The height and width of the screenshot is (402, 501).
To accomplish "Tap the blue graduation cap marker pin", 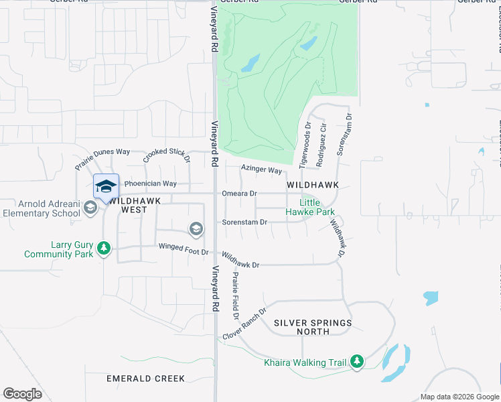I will coord(106,186).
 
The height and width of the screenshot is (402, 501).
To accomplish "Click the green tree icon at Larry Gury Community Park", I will coord(103,249).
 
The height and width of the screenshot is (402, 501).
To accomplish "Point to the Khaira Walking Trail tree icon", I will coord(357,362).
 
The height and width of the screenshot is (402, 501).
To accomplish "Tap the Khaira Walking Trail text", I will coord(305,363).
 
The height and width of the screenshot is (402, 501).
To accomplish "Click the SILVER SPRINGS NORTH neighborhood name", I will coord(313,327).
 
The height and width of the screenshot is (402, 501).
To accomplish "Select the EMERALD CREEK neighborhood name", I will coord(145,379).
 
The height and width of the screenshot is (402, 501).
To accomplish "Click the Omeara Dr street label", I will coord(240,194).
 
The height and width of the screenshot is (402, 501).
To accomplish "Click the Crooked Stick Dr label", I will coord(167,155).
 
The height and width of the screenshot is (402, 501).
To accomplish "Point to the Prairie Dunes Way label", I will coord(102,160).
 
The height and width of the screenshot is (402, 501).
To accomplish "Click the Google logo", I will coord(23,394).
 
